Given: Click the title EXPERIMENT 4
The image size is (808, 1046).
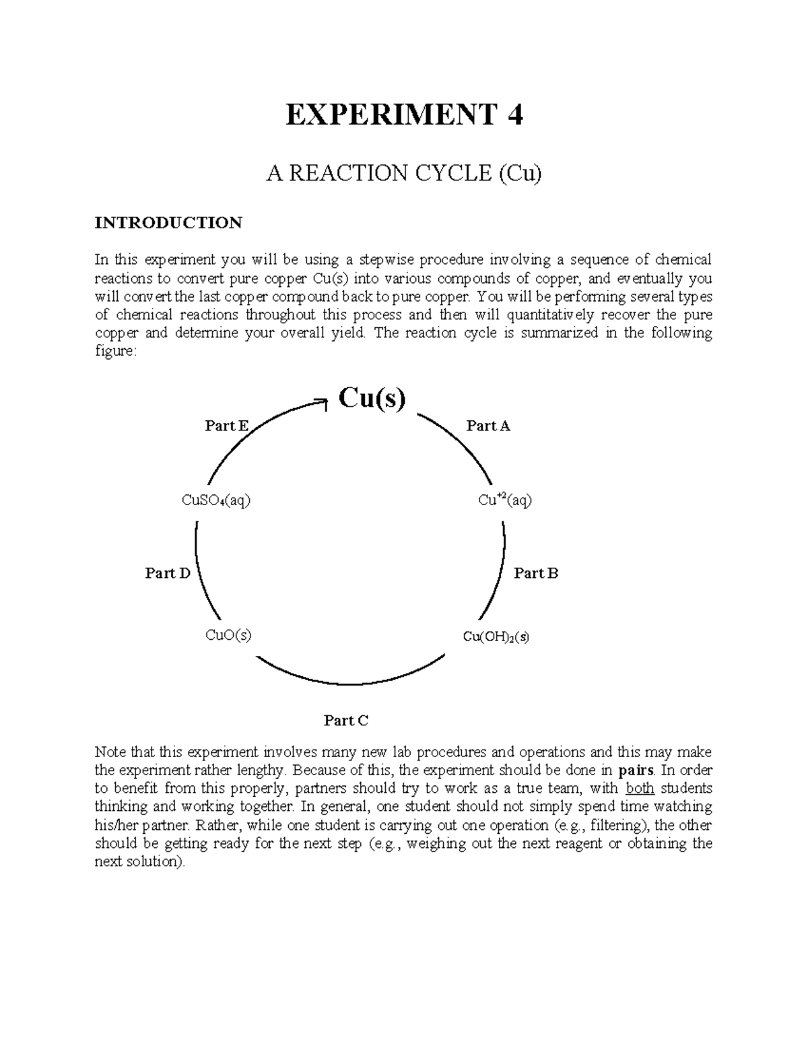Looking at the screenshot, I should [404, 116].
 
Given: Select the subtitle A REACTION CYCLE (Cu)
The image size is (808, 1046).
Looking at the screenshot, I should [404, 174].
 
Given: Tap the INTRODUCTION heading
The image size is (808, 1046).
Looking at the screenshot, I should [168, 223].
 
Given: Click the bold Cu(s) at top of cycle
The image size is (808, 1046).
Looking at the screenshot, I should [372, 398].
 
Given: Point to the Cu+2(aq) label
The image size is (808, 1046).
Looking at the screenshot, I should [505, 500].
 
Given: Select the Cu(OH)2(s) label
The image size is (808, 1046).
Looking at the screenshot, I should [496, 636].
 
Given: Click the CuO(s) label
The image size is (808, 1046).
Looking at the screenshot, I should [228, 635].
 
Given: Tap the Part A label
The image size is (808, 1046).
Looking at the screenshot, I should [488, 426].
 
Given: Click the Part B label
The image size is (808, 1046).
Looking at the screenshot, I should [536, 573].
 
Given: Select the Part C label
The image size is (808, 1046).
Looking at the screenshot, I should [346, 721].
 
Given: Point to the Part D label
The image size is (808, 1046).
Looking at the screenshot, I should [168, 573].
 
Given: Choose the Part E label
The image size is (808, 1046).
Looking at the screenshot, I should [226, 426].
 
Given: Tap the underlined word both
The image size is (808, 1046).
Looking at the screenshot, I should [640, 789].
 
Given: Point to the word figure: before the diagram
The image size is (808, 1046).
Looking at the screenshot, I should [115, 352].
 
